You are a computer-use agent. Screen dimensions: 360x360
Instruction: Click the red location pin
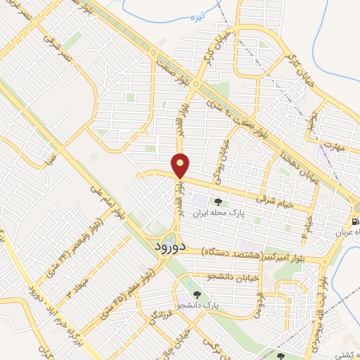tap(181, 165)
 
